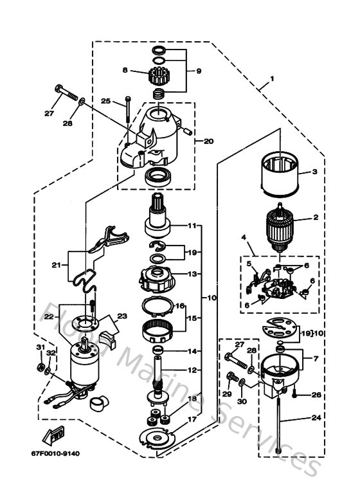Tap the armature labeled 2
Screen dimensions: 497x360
click(x=279, y=228)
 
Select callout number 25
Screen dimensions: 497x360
click(x=106, y=101)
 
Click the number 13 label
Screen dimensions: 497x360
click(x=192, y=273)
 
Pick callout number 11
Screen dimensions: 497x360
click(x=192, y=226)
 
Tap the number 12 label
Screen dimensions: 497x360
click(x=192, y=370)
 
